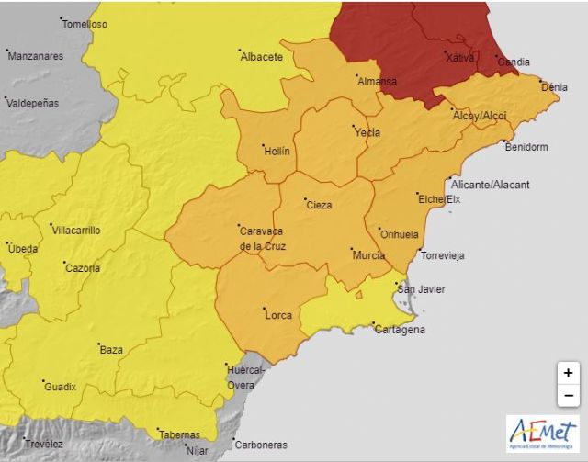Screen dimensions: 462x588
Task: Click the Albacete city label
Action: pyautogui.click(x=261, y=57)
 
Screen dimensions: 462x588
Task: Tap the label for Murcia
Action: pyautogui.click(x=368, y=254)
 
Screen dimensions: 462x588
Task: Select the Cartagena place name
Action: pyautogui.click(x=400, y=330)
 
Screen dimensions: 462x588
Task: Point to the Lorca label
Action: pyautogui.click(x=277, y=315)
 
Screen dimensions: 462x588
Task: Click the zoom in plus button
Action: pyautogui.click(x=569, y=373)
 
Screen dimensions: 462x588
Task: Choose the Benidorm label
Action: pyautogui.click(x=526, y=147)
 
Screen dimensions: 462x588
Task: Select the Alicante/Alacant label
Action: pyautogui.click(x=490, y=185)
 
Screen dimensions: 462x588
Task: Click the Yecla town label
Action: pyautogui.click(x=367, y=132)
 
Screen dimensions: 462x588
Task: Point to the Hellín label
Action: pyautogui.click(x=277, y=151)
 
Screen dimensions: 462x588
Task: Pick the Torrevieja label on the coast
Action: pyautogui.click(x=443, y=254)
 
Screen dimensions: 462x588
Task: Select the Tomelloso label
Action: pyautogui.click(x=85, y=24)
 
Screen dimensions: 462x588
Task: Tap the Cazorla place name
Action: pyautogui.click(x=83, y=268)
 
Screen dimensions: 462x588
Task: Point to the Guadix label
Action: pyautogui.click(x=61, y=387)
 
